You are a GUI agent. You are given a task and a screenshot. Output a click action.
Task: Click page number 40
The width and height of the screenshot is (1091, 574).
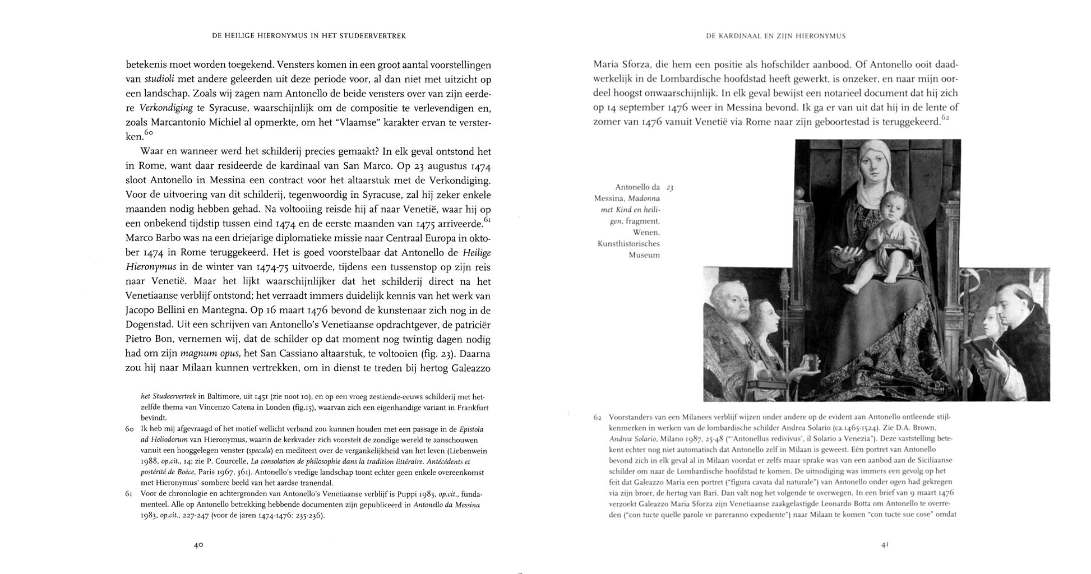point(198,545)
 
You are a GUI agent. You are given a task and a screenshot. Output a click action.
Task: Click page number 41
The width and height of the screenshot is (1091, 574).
point(885,545)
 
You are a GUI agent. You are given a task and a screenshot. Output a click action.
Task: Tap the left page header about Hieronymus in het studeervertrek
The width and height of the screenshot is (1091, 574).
point(308,36)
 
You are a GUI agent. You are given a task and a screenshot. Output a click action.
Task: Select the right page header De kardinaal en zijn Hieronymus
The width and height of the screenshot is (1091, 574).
point(775,36)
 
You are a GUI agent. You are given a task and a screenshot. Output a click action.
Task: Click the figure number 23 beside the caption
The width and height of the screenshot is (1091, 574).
point(669,188)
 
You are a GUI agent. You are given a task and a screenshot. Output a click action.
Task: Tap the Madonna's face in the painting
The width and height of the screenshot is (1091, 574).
point(875,160)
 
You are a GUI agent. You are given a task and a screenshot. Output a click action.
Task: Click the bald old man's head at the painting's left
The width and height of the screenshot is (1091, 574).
point(731,306)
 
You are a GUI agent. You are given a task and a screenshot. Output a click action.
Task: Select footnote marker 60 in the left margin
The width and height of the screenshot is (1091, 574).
point(129,429)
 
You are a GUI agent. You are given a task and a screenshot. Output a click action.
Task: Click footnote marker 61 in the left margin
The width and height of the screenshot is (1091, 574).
point(129,494)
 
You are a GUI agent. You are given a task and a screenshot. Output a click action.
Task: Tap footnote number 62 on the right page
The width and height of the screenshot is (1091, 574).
point(598,418)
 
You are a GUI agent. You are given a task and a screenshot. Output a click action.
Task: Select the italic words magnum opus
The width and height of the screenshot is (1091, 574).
point(203,354)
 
